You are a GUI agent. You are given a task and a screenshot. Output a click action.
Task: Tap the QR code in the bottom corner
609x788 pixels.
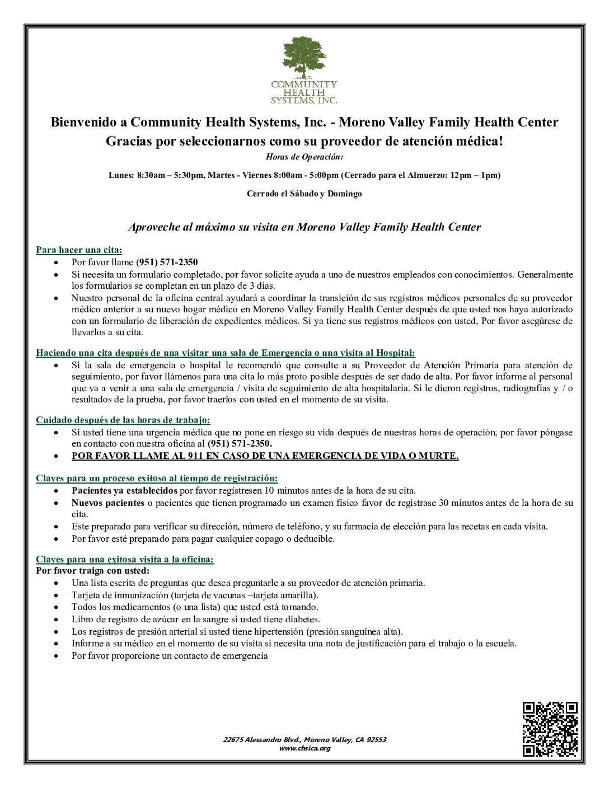point(550,729)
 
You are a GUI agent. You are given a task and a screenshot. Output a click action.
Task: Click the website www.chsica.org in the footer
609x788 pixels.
point(304,748)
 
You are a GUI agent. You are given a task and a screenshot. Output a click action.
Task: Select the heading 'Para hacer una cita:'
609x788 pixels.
point(79,250)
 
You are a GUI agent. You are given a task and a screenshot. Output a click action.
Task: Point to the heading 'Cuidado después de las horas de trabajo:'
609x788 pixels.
point(123,420)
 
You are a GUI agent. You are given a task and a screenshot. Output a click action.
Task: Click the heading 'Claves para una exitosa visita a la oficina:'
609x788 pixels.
point(125,559)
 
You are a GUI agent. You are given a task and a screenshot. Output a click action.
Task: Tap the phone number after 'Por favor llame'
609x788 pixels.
point(167,262)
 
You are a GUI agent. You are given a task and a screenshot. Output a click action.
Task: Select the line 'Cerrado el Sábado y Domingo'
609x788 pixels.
point(304,194)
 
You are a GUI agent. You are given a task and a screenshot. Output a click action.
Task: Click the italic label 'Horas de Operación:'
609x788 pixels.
point(304,157)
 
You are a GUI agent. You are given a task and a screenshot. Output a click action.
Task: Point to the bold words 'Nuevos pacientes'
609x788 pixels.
point(108,503)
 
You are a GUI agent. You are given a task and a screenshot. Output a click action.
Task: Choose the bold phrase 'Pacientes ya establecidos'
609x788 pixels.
point(124,490)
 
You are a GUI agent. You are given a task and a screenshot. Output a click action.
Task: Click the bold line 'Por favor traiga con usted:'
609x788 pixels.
point(93,571)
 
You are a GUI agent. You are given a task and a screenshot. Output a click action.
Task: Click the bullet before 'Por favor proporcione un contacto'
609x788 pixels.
point(57,656)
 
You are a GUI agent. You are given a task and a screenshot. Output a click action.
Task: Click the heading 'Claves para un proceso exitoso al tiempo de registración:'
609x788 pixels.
point(157,478)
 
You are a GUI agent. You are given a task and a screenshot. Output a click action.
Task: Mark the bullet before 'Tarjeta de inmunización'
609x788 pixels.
point(57,595)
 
